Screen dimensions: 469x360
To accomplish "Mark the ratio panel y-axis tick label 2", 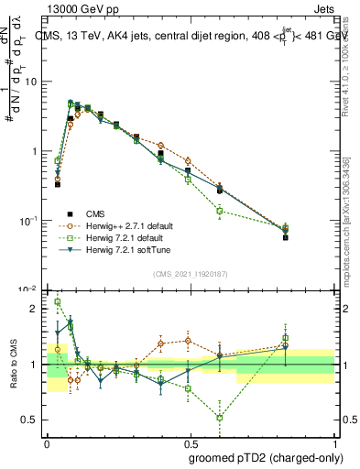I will tap(37, 309).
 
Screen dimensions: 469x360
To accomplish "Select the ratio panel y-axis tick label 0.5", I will tap(33, 420).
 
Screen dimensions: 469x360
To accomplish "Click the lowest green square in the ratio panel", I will tap(220, 418).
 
